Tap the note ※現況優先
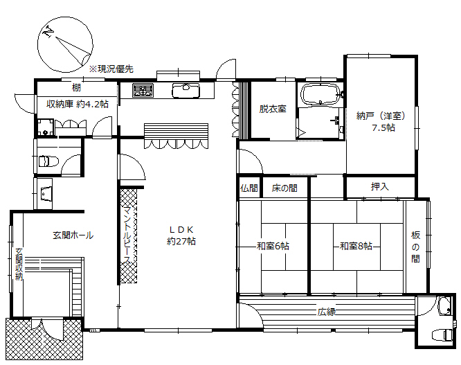(111, 69)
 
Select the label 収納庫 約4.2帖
(77, 105)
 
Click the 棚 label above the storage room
(76, 87)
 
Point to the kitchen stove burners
(143, 89)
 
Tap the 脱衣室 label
(273, 109)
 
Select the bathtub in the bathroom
(319, 96)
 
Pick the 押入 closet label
(379, 187)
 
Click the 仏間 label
(249, 188)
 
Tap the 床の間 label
(284, 188)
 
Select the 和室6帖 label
(273, 246)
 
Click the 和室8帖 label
(356, 246)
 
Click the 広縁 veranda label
(327, 312)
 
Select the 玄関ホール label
(73, 235)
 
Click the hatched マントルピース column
(129, 235)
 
